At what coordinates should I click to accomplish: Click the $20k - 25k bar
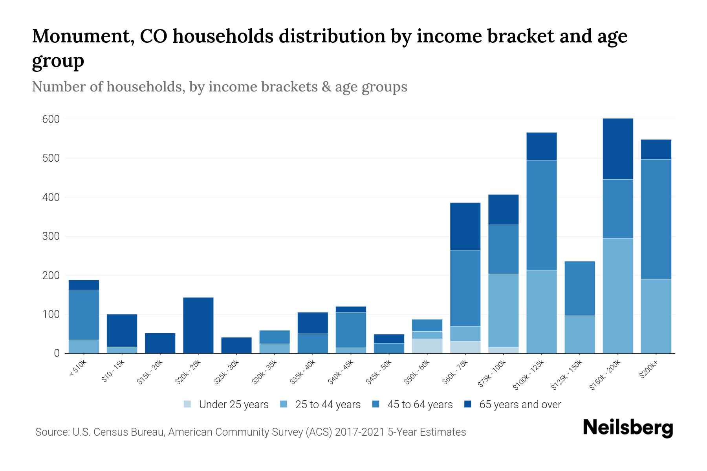198,325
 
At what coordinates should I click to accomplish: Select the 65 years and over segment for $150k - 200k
618,149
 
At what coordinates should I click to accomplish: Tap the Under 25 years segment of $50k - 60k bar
427,346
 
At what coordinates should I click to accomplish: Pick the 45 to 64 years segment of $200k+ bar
656,219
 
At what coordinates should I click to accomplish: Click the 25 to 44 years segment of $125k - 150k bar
580,334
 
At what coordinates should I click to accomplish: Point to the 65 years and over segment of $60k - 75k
465,226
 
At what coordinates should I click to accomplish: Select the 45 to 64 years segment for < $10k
84,315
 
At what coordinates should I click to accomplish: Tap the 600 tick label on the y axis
51,119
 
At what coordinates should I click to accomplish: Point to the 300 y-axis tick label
51,236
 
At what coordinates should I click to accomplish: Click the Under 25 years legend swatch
188,404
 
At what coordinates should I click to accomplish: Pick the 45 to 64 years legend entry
420,405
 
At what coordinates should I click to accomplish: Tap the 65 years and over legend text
520,405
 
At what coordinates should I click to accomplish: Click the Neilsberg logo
628,428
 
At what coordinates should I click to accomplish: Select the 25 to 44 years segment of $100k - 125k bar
542,312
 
